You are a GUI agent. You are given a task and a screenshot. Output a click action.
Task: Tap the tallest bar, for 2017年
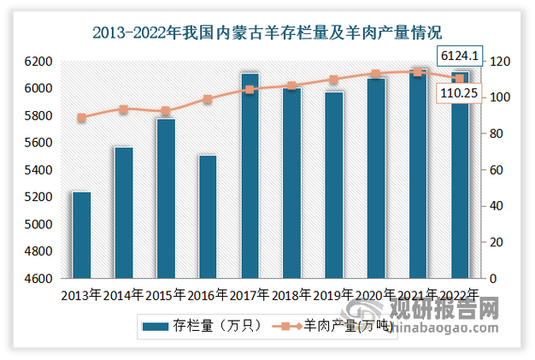[x=250, y=176]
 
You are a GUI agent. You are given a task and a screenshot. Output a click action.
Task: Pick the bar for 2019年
[x=334, y=186]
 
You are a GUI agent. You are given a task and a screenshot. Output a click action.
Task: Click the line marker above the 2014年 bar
[x=124, y=109]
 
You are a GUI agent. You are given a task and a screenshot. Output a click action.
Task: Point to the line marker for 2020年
[x=376, y=74]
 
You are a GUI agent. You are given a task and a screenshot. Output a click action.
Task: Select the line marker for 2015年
[x=166, y=111]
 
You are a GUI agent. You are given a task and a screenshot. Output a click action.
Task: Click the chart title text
[x=267, y=34]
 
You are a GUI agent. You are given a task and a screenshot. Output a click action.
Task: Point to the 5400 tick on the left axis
[x=38, y=170]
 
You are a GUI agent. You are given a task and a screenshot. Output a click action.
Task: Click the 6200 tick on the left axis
[x=38, y=62]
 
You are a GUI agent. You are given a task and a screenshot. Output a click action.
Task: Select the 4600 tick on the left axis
[x=38, y=279]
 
